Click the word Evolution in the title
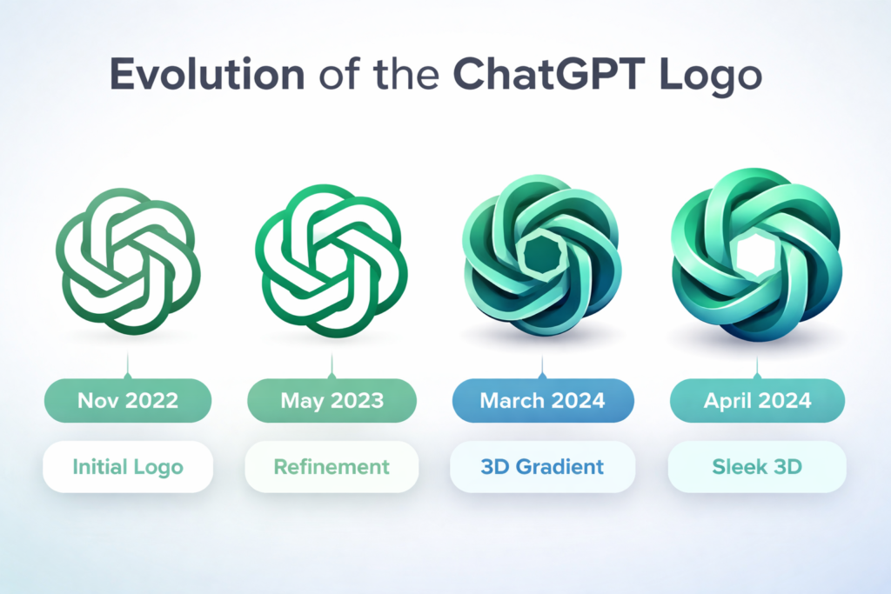(x=207, y=74)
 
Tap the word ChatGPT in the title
(x=549, y=74)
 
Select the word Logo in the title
(x=710, y=77)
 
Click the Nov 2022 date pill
(x=128, y=400)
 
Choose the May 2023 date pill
(x=332, y=400)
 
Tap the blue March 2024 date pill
(x=543, y=400)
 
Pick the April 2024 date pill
(x=758, y=400)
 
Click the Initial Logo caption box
(x=128, y=467)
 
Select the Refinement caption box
(x=332, y=467)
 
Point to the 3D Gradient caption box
(x=543, y=467)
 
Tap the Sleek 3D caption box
(x=758, y=467)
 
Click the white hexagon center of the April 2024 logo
(x=756, y=256)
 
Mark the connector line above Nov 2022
(x=128, y=365)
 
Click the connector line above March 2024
(x=542, y=367)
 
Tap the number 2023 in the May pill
(x=357, y=401)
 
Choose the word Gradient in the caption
(x=559, y=467)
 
